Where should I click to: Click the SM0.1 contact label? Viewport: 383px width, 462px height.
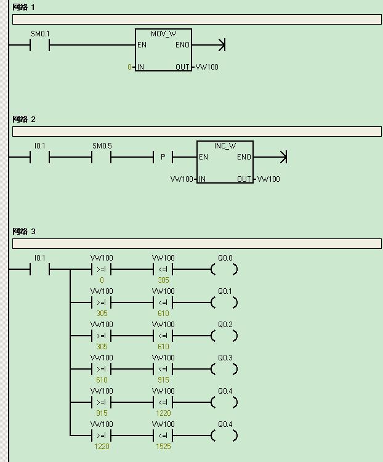(41, 34)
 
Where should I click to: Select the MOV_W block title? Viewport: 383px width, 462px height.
(164, 34)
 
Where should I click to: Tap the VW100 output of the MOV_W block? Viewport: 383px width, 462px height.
(207, 67)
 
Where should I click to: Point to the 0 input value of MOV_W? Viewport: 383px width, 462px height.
(129, 67)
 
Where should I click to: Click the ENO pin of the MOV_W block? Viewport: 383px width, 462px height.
(182, 45)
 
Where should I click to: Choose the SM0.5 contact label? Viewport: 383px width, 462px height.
(102, 146)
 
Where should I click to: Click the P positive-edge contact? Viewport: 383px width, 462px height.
(163, 157)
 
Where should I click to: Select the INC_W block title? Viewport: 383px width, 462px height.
(225, 146)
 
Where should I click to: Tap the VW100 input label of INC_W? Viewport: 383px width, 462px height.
(182, 179)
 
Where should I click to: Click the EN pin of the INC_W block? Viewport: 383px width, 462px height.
(203, 156)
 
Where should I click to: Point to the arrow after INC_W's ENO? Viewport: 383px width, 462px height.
(270, 157)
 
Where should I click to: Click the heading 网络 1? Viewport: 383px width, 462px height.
(23, 7)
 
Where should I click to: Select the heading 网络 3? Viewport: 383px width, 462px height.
(24, 231)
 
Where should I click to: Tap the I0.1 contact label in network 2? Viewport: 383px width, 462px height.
(40, 146)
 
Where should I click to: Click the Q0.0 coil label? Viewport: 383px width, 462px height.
(225, 258)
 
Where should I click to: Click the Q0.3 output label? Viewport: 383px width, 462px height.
(225, 358)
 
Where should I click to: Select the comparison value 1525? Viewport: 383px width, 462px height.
(163, 447)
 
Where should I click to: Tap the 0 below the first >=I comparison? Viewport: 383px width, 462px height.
(102, 280)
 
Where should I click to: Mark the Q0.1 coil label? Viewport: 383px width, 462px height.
(225, 291)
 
